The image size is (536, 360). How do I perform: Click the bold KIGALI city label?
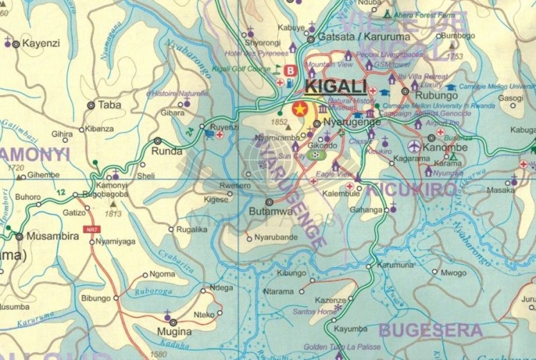(335, 87)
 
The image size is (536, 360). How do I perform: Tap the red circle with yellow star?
(299, 109)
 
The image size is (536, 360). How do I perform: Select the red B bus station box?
(290, 71)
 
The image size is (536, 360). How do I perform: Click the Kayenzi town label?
(41, 44)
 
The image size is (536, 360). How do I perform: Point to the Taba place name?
(109, 104)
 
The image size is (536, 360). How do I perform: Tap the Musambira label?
(52, 236)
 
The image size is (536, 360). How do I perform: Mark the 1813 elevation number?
(113, 213)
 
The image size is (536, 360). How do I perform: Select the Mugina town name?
(175, 332)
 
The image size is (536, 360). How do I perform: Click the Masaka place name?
(500, 191)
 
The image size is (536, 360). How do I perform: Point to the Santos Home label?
(314, 312)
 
